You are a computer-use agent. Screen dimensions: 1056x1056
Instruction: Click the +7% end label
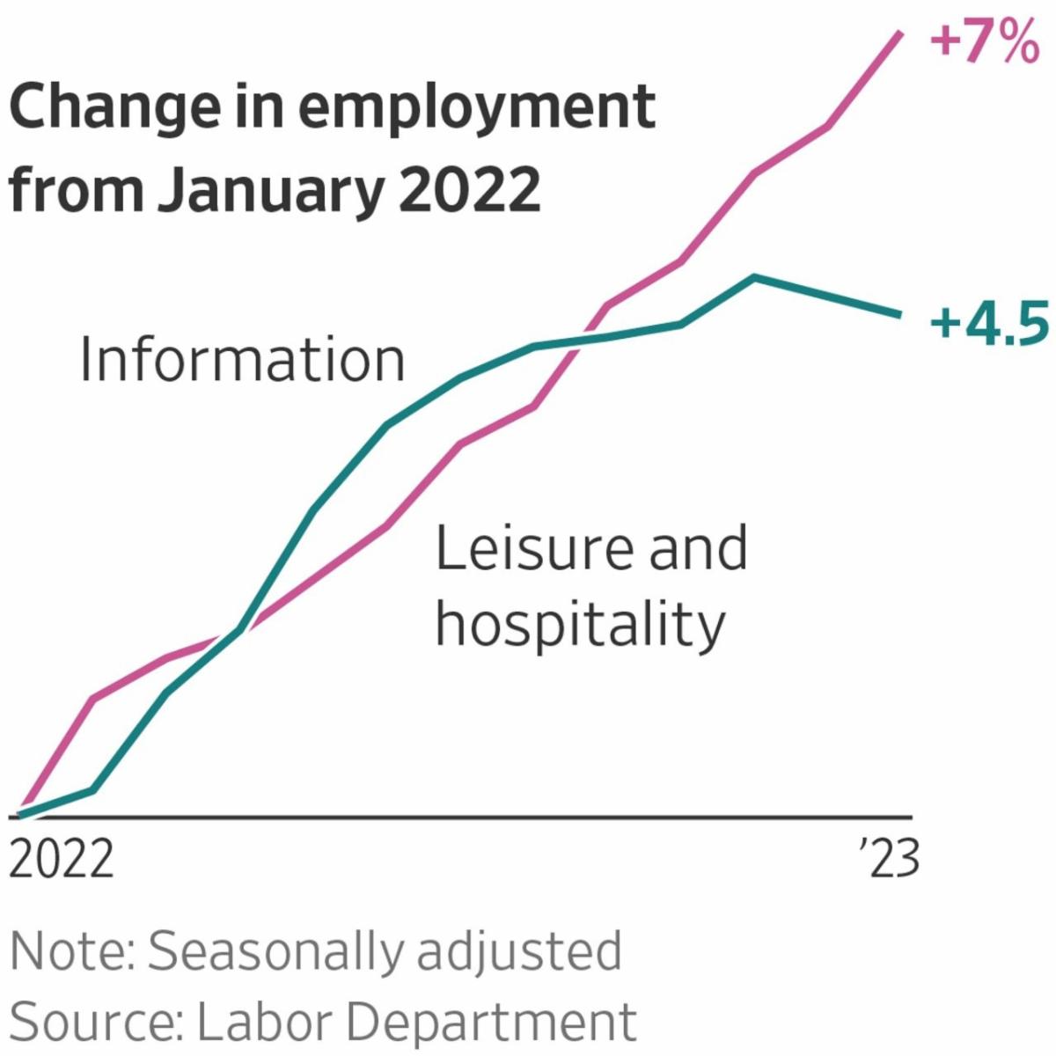point(985,43)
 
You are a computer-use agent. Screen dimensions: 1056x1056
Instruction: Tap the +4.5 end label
point(989,323)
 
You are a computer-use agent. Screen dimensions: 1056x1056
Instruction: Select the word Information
point(242,360)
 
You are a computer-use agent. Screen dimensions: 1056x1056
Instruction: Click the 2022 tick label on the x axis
point(62,858)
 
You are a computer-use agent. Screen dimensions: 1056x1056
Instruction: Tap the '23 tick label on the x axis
point(890,858)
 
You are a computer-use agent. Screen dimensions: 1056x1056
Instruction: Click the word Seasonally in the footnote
point(277,953)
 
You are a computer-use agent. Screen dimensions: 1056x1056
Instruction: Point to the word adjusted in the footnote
point(519,953)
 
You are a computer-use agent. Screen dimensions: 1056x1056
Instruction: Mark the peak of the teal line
point(754,278)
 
